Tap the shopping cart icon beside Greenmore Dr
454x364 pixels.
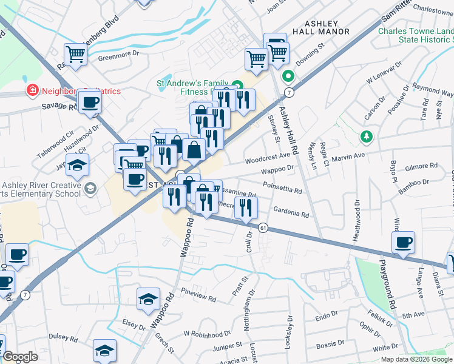pyautogui.click(x=76, y=55)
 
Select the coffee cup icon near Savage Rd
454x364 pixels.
pyautogui.click(x=90, y=102)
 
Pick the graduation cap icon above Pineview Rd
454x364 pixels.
pyautogui.click(x=148, y=299)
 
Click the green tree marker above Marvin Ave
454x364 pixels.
pyautogui.click(x=365, y=136)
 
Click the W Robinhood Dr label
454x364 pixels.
pyautogui.click(x=208, y=334)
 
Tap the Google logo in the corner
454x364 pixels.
pyautogui.click(x=20, y=357)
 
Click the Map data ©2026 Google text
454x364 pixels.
pyautogui.click(x=416, y=359)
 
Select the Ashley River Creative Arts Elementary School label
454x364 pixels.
pyautogui.click(x=41, y=189)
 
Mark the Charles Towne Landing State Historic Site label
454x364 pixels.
pyautogui.click(x=415, y=35)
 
